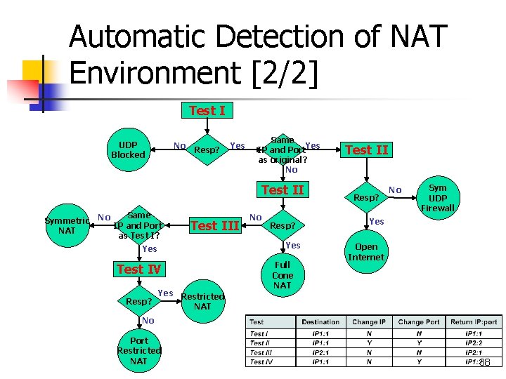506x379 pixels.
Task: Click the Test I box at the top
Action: click(x=207, y=110)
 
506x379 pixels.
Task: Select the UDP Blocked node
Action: click(x=128, y=149)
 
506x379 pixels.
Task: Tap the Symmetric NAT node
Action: click(x=67, y=225)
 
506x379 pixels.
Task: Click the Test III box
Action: click(x=214, y=225)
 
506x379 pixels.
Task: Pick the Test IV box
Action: click(x=139, y=269)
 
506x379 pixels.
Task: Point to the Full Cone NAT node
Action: click(x=282, y=275)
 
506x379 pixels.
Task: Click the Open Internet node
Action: click(x=366, y=252)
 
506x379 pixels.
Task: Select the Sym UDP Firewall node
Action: click(x=437, y=197)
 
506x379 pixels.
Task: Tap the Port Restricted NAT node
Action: click(x=138, y=350)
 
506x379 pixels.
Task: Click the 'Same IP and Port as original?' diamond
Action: click(x=283, y=150)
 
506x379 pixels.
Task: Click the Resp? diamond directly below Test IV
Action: click(x=139, y=301)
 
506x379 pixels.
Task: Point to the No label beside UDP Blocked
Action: click(x=179, y=146)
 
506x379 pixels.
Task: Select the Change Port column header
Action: click(x=420, y=322)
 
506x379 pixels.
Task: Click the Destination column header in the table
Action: click(x=320, y=322)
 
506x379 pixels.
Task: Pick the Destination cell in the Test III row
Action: click(x=320, y=352)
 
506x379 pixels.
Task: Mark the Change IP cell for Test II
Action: click(x=369, y=343)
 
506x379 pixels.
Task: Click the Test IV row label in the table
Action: click(x=261, y=362)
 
